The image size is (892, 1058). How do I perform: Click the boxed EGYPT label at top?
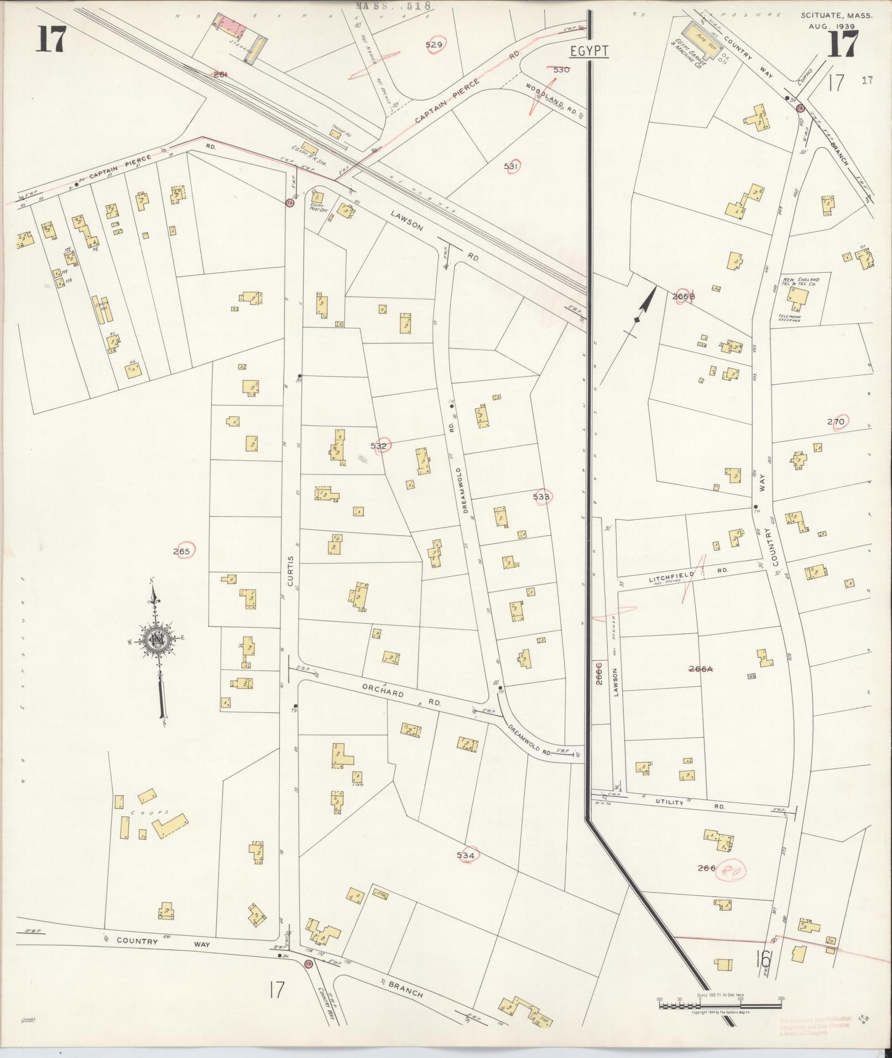pos(590,51)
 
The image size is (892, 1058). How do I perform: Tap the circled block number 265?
pos(181,551)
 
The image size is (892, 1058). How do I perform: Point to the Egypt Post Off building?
pos(317,197)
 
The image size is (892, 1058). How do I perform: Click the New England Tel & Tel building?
pos(800,298)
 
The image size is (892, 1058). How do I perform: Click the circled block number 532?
pos(379,446)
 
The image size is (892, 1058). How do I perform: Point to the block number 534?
pos(466,855)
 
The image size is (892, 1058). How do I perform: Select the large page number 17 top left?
pos(51,41)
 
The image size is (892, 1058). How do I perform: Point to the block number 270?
pos(836,422)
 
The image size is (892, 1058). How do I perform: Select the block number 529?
pos(434,45)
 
